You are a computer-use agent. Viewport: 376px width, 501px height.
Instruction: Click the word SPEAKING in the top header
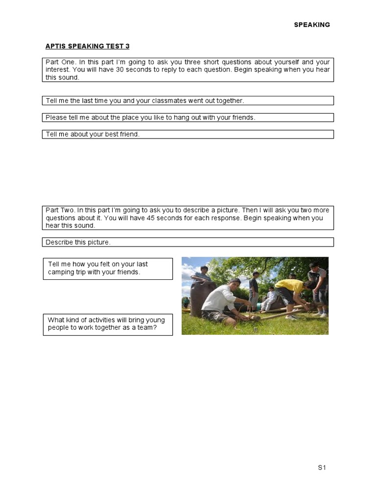pos(312,25)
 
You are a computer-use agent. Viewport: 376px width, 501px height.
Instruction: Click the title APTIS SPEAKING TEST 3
pos(87,46)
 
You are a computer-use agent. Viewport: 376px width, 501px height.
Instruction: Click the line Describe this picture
pos(78,242)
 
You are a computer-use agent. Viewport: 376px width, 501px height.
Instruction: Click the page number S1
pos(322,468)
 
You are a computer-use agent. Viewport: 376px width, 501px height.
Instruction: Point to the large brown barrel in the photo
pos(198,296)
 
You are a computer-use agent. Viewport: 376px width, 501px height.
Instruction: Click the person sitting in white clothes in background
pos(270,299)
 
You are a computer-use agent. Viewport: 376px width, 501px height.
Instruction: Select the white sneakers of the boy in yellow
pos(292,317)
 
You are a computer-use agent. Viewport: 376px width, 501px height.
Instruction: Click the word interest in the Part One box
pos(59,69)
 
